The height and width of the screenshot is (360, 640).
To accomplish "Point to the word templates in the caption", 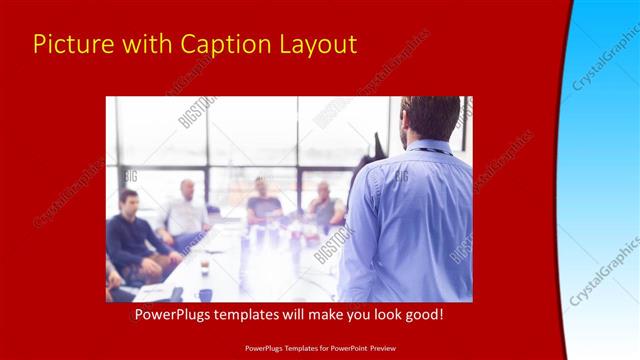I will pyautogui.click(x=251, y=315).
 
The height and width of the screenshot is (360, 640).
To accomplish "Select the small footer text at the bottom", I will pyautogui.click(x=319, y=348).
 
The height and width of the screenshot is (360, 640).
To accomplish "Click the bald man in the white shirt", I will pyautogui.click(x=186, y=210).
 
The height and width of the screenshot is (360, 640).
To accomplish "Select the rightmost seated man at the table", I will pyautogui.click(x=324, y=205).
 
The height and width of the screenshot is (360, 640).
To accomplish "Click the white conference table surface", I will pyautogui.click(x=260, y=265).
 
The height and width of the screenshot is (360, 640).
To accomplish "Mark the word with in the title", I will pyautogui.click(x=142, y=45).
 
